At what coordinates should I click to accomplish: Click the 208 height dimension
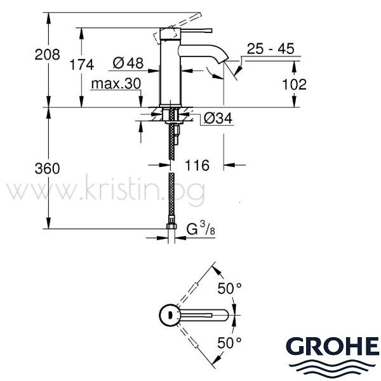47,55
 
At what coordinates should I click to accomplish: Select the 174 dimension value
82,65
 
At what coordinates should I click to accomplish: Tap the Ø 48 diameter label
128,63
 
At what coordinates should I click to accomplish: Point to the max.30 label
116,84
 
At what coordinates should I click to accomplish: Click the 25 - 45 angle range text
271,49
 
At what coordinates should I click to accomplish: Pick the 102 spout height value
294,84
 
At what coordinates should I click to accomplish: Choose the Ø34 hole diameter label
218,118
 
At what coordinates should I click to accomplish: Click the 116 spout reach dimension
197,166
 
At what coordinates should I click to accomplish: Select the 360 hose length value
47,168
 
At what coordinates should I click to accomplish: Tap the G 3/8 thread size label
201,229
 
